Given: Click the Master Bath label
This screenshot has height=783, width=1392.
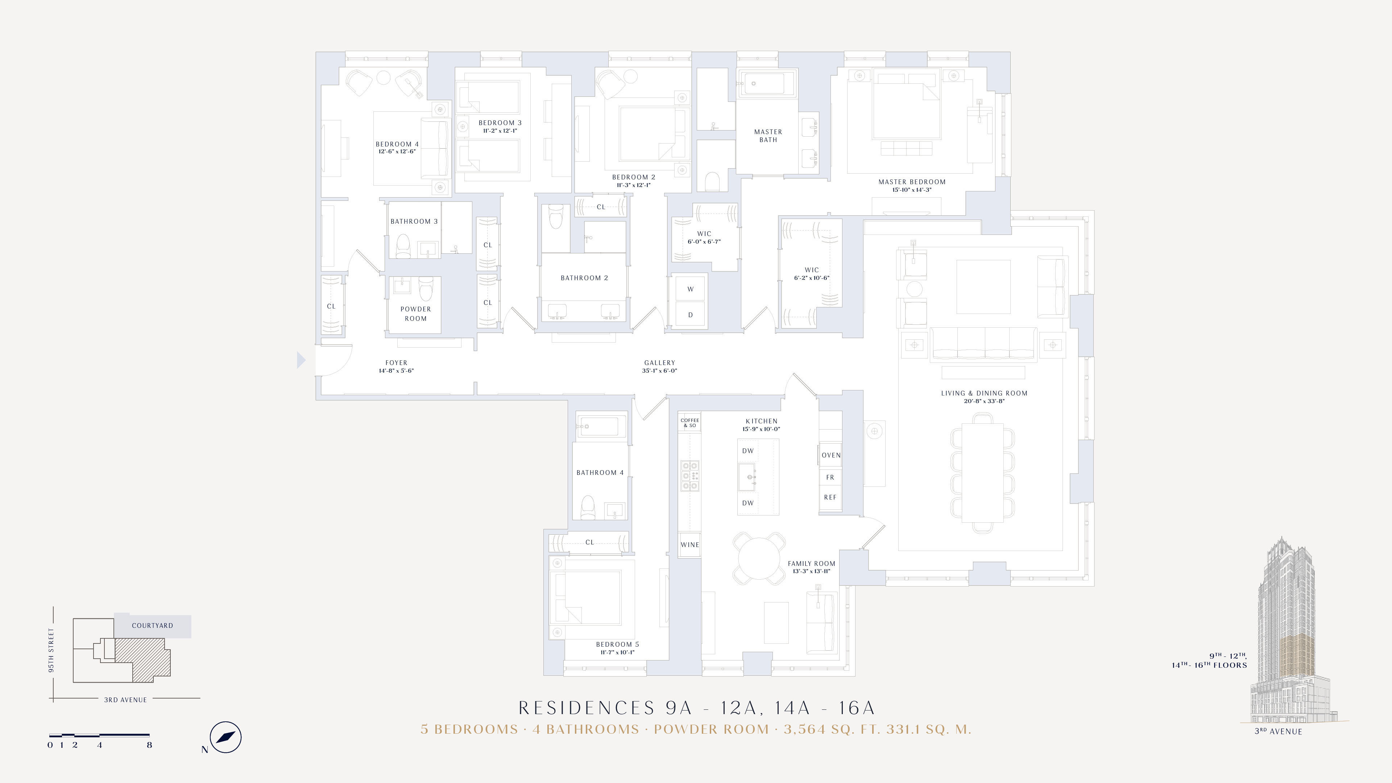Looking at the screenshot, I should (x=768, y=136).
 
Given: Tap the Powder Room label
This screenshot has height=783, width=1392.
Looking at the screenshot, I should (x=415, y=314).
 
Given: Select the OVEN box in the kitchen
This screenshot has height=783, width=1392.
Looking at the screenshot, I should (x=830, y=455).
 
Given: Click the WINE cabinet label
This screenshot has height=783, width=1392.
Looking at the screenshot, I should (x=689, y=545).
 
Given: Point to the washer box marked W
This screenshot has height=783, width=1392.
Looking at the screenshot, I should (x=690, y=289).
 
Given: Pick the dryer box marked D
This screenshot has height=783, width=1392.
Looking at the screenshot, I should (x=690, y=315).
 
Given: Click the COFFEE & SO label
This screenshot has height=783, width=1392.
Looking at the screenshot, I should (x=689, y=423).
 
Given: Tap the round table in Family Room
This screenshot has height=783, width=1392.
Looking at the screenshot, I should (x=759, y=559).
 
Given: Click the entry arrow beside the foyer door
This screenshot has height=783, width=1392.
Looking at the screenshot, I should (x=301, y=360).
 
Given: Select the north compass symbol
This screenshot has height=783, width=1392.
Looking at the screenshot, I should (x=225, y=737).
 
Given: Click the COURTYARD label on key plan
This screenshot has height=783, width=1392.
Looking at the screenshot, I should (x=152, y=625).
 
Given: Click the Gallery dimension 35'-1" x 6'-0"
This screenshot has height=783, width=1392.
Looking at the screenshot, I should (x=659, y=371).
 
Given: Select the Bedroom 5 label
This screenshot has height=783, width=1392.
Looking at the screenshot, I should (x=617, y=644).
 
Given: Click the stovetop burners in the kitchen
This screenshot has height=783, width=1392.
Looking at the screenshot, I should (x=689, y=476).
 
